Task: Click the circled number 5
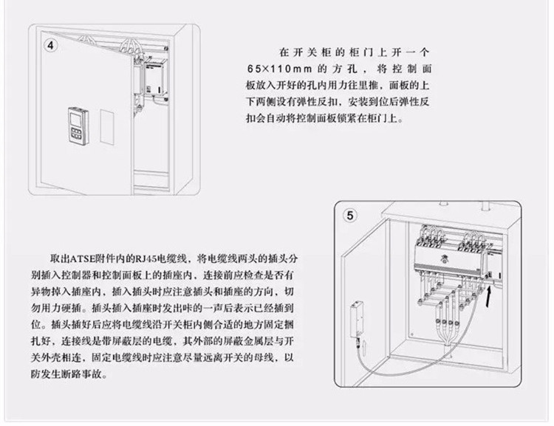[x=351, y=216]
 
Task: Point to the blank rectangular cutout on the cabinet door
[x=106, y=127]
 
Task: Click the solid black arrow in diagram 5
[x=493, y=294]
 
